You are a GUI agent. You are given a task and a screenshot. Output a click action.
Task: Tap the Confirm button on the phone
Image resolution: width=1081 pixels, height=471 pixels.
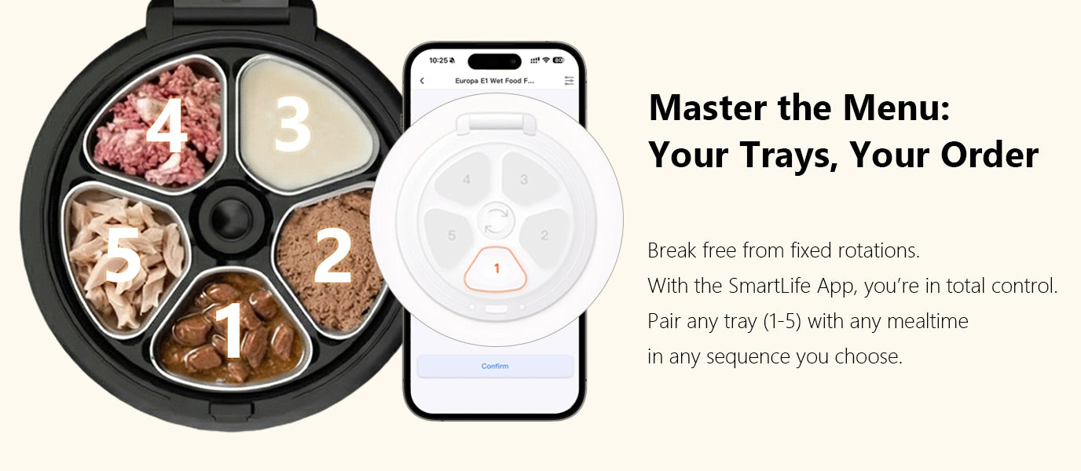495,366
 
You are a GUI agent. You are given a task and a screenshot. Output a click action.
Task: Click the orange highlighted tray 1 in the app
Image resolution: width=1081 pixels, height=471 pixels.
496,269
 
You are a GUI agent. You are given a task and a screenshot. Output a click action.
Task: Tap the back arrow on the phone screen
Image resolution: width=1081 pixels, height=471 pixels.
423,81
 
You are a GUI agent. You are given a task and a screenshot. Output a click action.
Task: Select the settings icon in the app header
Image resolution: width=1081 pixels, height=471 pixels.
569,81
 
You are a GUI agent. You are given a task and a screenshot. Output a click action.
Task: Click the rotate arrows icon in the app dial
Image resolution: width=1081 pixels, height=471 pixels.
497,221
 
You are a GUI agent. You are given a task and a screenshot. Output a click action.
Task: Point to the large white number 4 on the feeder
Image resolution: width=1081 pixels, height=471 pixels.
167,125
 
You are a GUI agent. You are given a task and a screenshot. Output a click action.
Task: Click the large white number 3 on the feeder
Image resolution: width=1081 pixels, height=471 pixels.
292,123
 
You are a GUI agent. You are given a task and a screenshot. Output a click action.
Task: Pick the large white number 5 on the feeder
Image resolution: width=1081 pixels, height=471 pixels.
123,254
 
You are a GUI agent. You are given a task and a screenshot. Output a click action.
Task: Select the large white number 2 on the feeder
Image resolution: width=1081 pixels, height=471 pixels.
332,255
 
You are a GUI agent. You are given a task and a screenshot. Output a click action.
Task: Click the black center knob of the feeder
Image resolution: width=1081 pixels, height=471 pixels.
231,219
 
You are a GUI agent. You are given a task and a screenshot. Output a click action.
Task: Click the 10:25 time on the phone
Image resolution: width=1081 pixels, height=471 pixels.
438,60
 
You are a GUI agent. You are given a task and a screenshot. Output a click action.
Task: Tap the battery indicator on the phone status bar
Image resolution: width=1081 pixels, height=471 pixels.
559,60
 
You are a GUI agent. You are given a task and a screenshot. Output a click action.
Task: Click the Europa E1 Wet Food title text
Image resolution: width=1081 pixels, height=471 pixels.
495,81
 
